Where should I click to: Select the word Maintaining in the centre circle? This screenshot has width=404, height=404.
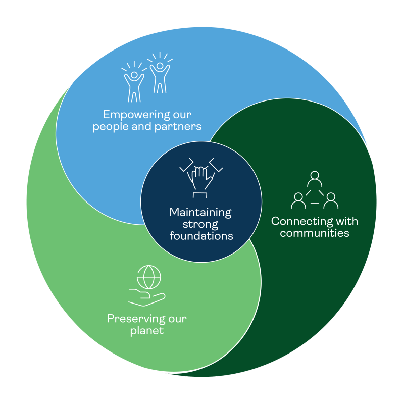coord(200,212)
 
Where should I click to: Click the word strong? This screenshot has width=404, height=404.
coord(201,224)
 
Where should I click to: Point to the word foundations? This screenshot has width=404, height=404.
coord(201,236)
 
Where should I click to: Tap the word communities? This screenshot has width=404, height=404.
coord(315,233)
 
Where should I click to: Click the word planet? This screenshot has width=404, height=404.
coord(147,331)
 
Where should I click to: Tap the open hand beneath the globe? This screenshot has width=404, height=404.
coord(146,298)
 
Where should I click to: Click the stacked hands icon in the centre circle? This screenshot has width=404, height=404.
coord(200,177)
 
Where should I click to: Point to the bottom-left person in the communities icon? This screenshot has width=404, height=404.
coord(298,200)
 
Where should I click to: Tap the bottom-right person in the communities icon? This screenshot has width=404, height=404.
coord(331,200)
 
